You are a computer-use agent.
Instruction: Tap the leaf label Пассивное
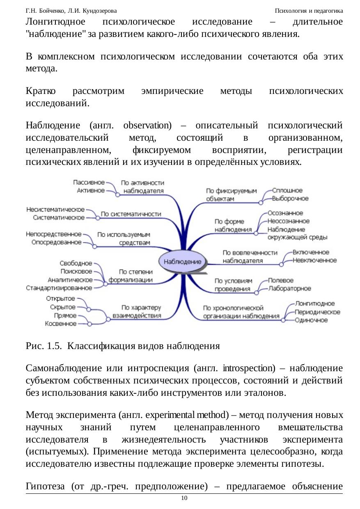pos(89,182)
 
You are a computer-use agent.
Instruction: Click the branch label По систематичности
pos(131,214)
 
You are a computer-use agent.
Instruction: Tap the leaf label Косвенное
pos(61,324)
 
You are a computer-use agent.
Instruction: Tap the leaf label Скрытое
pos(62,307)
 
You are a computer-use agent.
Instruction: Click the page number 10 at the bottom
pos(184,498)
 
